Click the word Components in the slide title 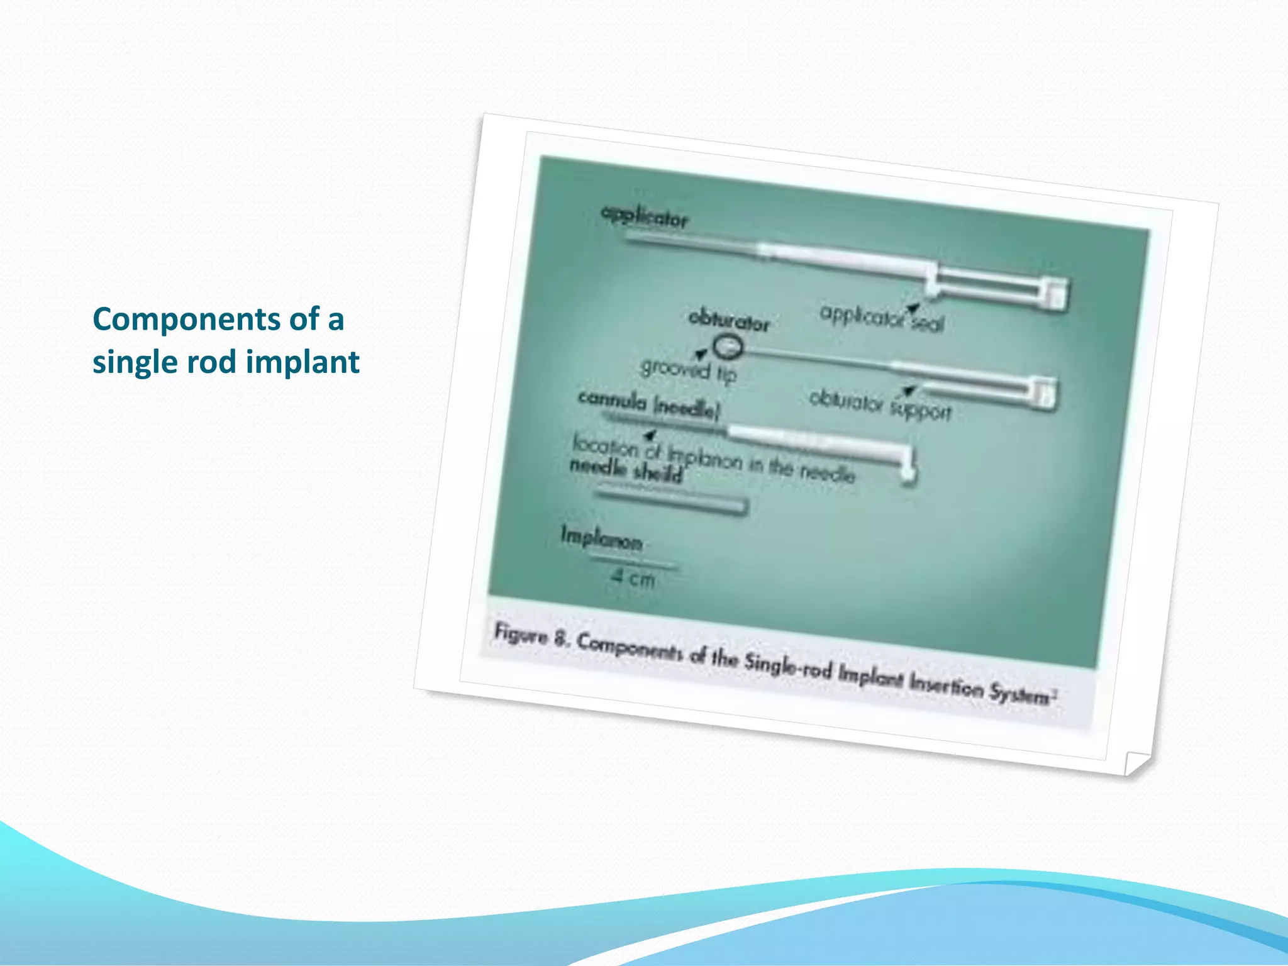tap(187, 319)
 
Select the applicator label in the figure tap(645, 216)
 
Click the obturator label tap(729, 320)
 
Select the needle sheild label tap(626, 470)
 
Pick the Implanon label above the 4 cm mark tap(601, 539)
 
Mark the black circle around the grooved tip tap(728, 347)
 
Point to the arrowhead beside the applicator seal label tap(912, 307)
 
